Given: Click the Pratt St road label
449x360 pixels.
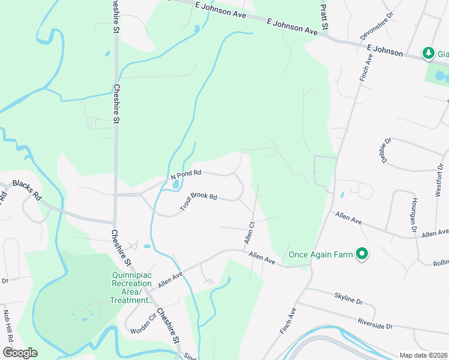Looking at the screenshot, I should [324, 16].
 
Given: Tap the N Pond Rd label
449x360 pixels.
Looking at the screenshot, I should [185, 175].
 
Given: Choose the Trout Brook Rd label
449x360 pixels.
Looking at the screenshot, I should [199, 202].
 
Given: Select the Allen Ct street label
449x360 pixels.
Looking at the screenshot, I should [250, 232].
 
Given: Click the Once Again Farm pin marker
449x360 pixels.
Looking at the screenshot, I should [361, 255].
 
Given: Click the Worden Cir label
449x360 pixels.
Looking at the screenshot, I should [143, 322].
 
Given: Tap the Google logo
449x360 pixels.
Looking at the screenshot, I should [20, 353].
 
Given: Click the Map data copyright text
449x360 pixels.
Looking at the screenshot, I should [423, 355].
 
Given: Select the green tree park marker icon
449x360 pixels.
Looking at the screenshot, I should [428, 53].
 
